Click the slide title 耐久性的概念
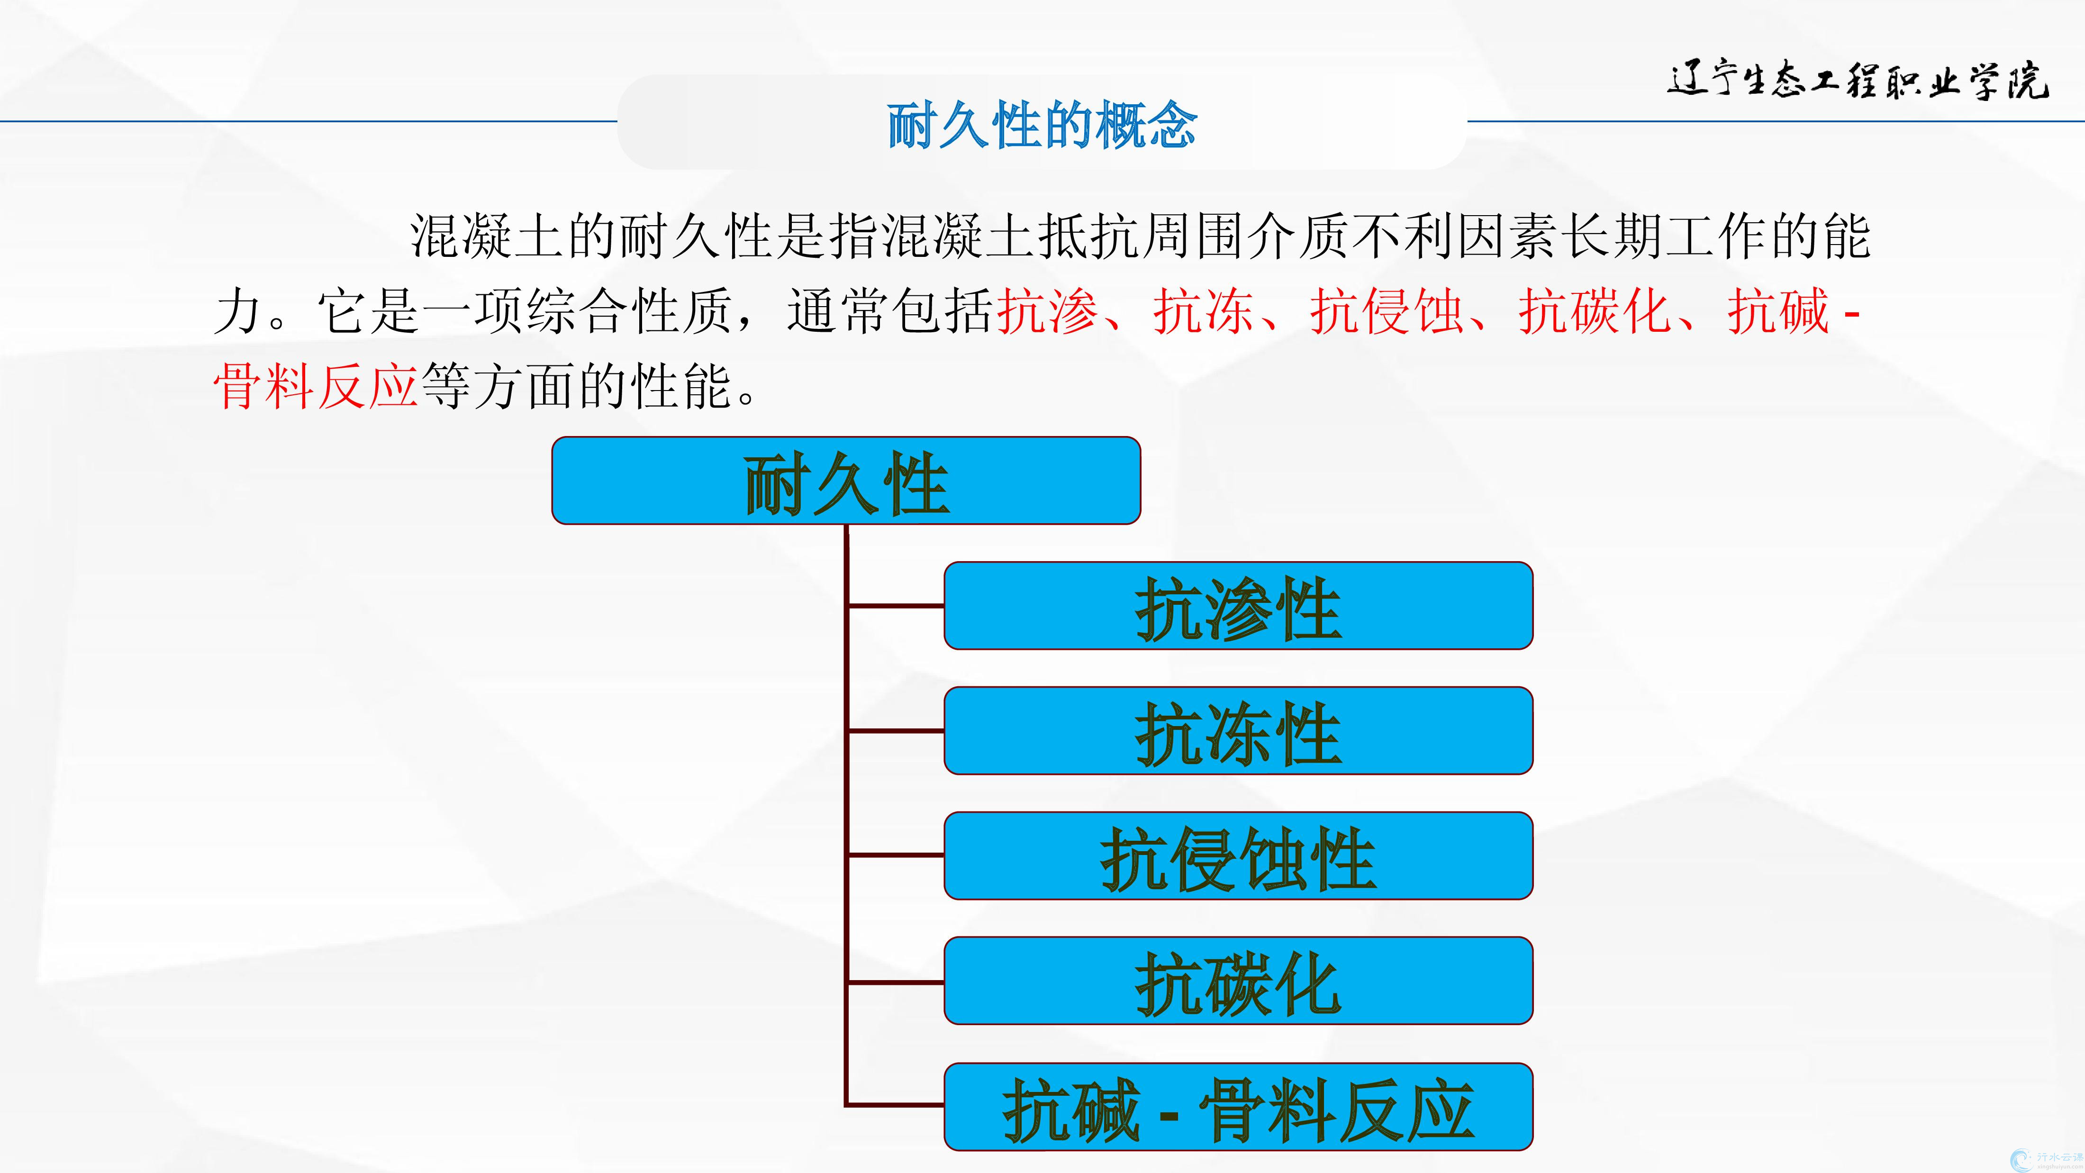(x=1042, y=126)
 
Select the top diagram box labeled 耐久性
(x=846, y=481)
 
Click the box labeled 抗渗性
(x=1238, y=606)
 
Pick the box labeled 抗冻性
(x=1238, y=731)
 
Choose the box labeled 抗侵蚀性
(x=1238, y=855)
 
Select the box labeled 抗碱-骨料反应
(x=1238, y=1107)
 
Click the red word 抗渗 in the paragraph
(x=1047, y=311)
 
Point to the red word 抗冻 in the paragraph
(x=1204, y=311)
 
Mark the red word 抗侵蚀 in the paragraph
(x=1387, y=311)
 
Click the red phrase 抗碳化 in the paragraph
(x=1595, y=311)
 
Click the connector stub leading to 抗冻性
(x=895, y=730)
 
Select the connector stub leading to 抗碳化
(x=895, y=982)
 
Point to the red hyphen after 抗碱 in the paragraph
(x=1851, y=312)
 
